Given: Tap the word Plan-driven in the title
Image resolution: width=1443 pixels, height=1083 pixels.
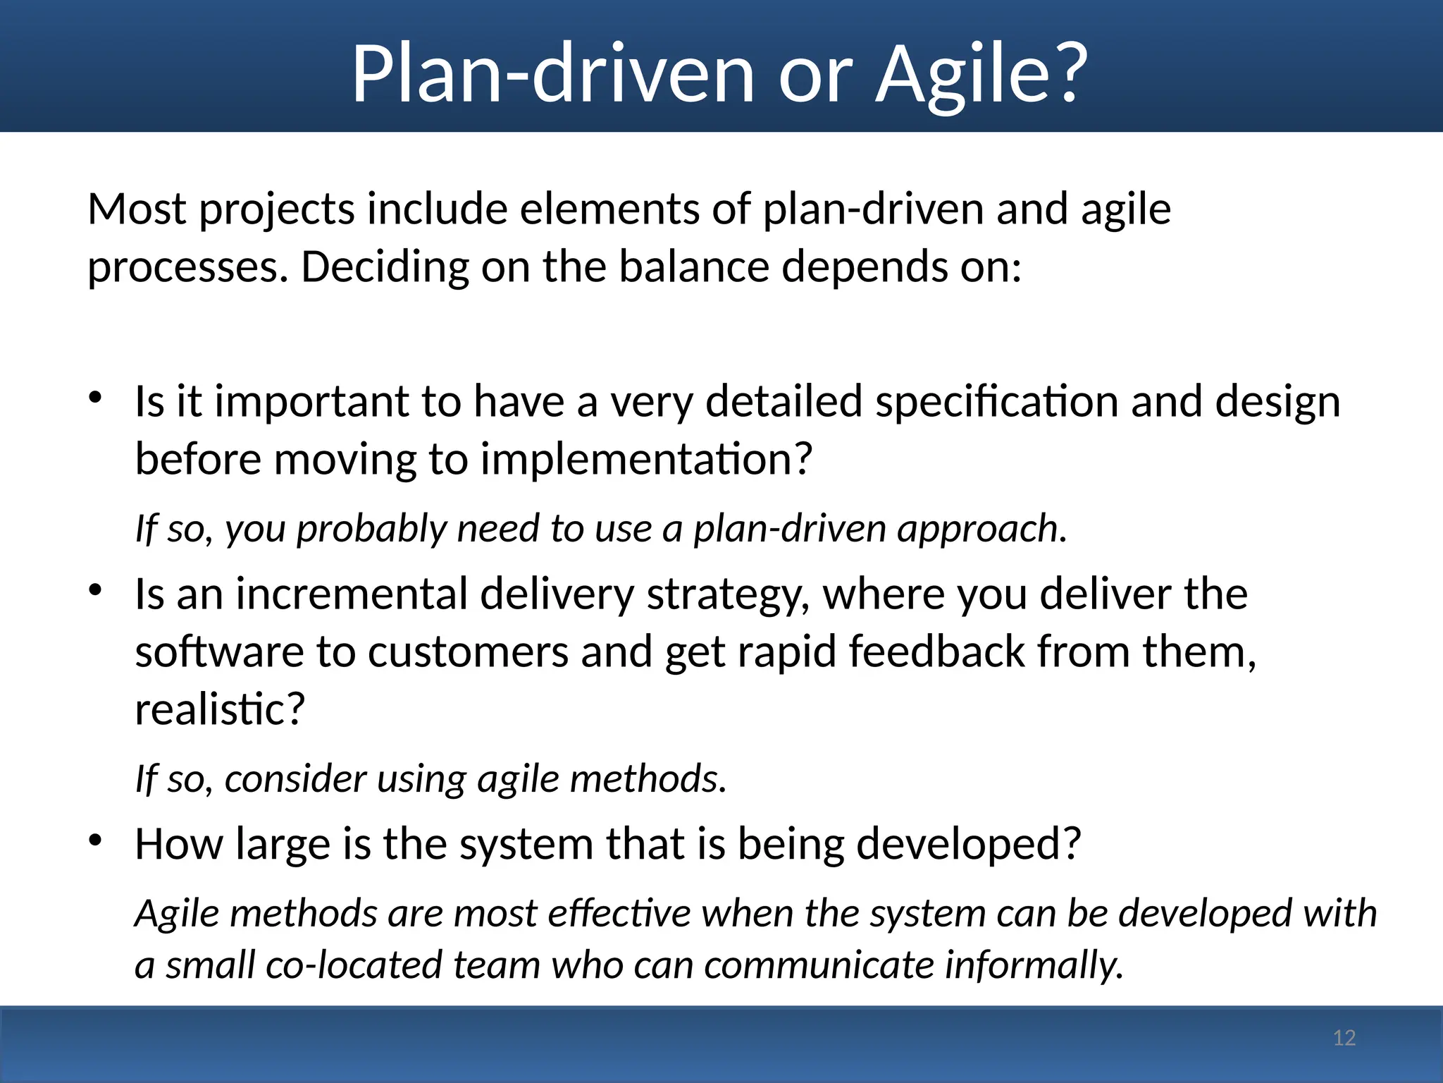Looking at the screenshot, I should [554, 73].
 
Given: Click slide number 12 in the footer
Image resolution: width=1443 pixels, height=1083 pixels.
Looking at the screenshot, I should [1344, 1038].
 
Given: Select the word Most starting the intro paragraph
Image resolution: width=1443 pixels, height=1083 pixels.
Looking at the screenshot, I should [137, 209].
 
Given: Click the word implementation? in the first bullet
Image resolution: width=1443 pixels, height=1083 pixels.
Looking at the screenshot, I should [646, 460].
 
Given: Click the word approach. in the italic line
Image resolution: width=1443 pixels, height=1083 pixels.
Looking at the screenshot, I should [981, 529].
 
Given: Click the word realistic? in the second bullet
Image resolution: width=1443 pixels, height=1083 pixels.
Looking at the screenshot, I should [220, 709].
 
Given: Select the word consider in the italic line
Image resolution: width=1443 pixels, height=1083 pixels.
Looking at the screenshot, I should [295, 779].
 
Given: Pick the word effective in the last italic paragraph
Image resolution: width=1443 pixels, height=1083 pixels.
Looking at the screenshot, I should [619, 914].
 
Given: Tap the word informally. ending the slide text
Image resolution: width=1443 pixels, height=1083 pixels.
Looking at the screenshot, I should [1033, 965].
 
